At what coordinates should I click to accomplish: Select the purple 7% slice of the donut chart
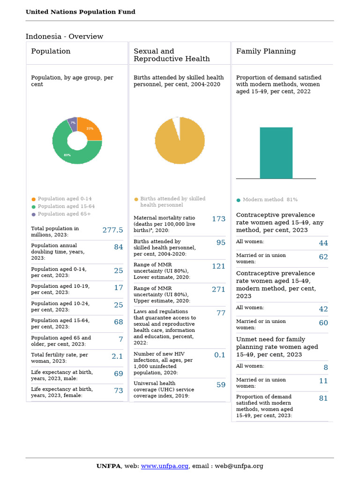[73, 123]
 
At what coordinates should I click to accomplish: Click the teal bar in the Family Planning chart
[276, 153]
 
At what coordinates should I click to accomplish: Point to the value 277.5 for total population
[112, 230]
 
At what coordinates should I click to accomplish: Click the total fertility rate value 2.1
[117, 357]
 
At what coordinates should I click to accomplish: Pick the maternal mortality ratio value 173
[218, 219]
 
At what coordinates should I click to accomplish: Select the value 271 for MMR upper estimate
[218, 290]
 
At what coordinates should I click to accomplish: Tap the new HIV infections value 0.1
[220, 355]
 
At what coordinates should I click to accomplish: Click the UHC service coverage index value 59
[221, 385]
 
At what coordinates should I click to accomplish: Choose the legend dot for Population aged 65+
[33, 214]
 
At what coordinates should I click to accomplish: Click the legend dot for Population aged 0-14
[33, 199]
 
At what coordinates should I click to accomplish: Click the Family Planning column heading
[266, 51]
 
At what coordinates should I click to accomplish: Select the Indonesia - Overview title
[64, 37]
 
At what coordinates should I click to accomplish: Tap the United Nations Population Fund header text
[80, 12]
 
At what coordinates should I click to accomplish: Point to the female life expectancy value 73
[119, 390]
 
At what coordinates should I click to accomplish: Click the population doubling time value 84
[119, 247]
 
